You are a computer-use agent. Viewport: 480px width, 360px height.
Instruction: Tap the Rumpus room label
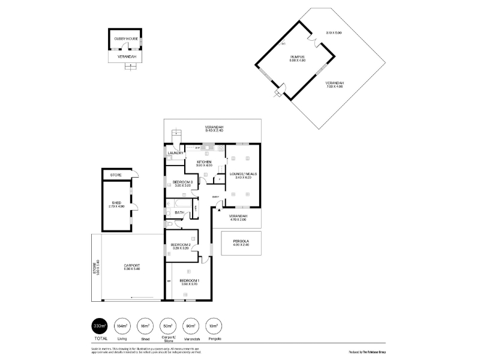(x=298, y=57)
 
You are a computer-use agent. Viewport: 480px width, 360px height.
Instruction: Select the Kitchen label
(x=204, y=162)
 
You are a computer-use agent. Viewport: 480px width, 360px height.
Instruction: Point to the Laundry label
(x=175, y=153)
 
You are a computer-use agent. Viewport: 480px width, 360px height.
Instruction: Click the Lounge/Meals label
(x=243, y=174)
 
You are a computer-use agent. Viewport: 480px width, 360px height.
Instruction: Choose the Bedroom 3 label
(x=182, y=182)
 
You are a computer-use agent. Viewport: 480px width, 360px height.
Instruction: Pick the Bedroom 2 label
(x=181, y=245)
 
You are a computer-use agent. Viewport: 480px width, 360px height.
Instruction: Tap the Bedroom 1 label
(x=190, y=280)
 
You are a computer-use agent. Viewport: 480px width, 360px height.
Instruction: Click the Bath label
(x=179, y=212)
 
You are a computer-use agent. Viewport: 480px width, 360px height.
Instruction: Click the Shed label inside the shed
(x=116, y=203)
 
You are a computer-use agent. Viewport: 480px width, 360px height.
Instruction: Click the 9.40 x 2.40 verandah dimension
(x=214, y=130)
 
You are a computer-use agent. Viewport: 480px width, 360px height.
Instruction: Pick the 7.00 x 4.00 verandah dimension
(x=334, y=86)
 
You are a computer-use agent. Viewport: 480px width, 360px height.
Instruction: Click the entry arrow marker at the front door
(x=219, y=210)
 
